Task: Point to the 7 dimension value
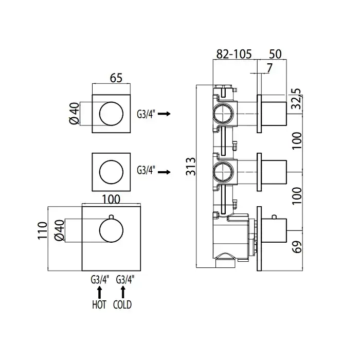269,68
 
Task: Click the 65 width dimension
116,78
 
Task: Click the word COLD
123,305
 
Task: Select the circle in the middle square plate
111,172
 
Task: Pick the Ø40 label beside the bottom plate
60,230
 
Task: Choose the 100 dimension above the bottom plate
111,199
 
